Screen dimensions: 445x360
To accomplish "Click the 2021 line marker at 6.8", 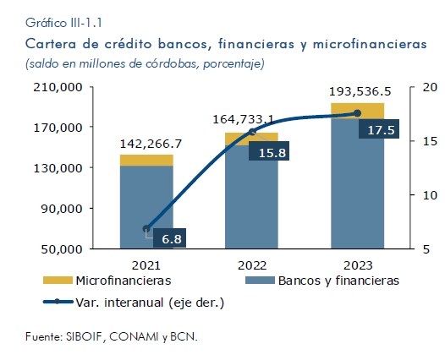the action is tap(146, 229).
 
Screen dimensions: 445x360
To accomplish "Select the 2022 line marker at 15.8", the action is tap(252, 132).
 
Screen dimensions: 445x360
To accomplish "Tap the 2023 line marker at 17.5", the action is tap(358, 113).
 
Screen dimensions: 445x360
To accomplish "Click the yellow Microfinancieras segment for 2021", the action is tap(146, 161).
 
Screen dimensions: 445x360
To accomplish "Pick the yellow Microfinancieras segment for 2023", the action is tap(358, 111).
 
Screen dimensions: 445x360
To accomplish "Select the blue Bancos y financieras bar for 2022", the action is tap(251, 197).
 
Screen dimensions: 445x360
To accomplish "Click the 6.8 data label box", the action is tap(170, 237).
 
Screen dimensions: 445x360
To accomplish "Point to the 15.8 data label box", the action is tap(269, 150).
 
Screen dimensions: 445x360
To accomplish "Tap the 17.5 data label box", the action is tap(379, 128).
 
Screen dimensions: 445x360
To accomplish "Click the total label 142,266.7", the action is tap(151, 144).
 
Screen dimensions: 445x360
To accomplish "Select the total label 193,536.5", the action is tap(360, 91).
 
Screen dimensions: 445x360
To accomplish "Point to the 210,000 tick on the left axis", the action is tap(58, 87).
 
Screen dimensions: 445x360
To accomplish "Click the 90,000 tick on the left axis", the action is tap(62, 209).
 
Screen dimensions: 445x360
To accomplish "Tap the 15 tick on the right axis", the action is tap(430, 141).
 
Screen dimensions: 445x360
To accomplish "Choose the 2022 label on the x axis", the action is tap(252, 265).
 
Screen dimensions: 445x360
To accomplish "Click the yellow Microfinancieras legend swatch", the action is tap(58, 281).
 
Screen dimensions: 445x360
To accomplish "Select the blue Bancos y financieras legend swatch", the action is tap(260, 281).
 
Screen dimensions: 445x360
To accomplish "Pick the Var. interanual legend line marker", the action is tap(58, 302).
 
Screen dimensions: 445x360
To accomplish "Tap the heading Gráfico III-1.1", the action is tap(63, 23).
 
